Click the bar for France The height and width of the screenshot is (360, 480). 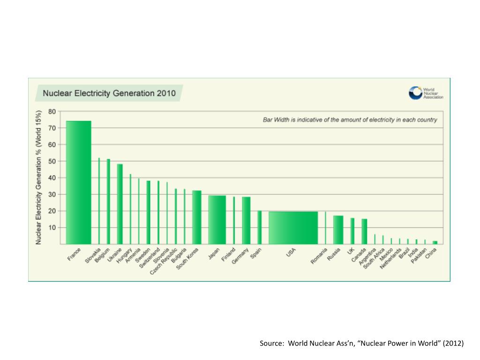78,183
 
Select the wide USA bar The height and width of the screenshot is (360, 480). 293,228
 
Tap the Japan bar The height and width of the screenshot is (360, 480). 217,220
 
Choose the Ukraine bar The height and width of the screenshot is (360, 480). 120,204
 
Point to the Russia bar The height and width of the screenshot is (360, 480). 338,230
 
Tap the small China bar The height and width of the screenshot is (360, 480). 435,242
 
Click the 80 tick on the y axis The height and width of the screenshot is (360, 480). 52,112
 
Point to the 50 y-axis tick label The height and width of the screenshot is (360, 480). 52,161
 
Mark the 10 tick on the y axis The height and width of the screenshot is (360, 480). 52,228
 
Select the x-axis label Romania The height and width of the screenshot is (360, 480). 319,256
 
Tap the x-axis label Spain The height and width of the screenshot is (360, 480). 256,254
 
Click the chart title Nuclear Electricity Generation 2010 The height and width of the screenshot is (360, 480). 109,93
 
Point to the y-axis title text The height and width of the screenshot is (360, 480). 39,177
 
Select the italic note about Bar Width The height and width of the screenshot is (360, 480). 350,120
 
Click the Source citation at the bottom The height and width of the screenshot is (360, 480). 361,344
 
